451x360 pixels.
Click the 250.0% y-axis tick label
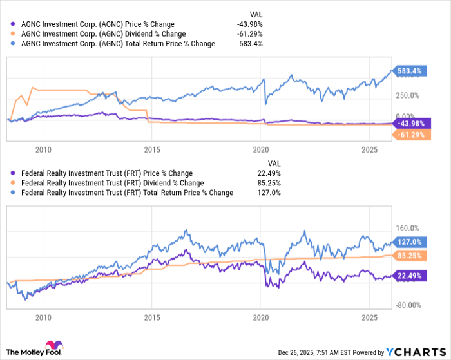[x=407, y=95]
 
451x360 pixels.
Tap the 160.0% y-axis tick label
[x=407, y=228]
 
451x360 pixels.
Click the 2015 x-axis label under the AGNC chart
[x=151, y=149]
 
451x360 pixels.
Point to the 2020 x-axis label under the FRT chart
[x=260, y=317]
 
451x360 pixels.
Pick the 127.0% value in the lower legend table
[x=269, y=193]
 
